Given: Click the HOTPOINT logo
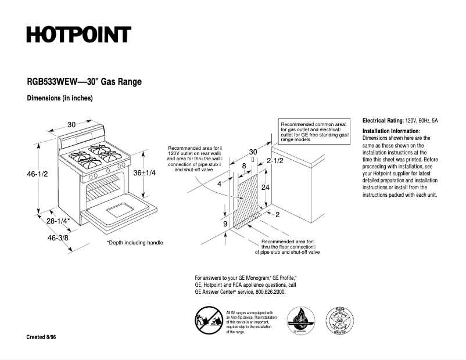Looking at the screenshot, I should [x=78, y=35].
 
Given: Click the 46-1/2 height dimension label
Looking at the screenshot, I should [x=35, y=174].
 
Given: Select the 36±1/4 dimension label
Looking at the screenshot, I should [x=145, y=173].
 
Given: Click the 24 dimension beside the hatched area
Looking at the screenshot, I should [x=265, y=188].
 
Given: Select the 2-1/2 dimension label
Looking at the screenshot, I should [x=275, y=160].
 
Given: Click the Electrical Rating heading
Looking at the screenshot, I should [x=386, y=120].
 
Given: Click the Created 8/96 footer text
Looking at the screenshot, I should [x=41, y=337].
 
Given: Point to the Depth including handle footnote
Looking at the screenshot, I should [x=135, y=243].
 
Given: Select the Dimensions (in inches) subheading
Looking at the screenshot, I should [x=60, y=98].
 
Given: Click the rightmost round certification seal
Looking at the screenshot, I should [x=340, y=321].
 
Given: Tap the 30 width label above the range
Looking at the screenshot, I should [x=71, y=124].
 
